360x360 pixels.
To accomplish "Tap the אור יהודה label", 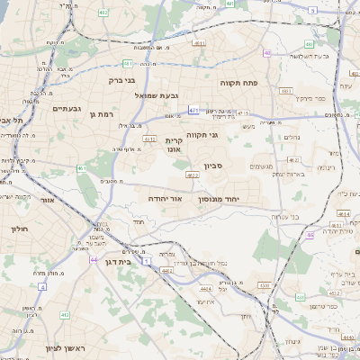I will [x=165, y=197].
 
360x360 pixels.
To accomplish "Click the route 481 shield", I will [x=128, y=64].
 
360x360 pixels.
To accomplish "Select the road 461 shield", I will [x=82, y=167].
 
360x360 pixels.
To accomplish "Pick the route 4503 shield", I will [x=264, y=285].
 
